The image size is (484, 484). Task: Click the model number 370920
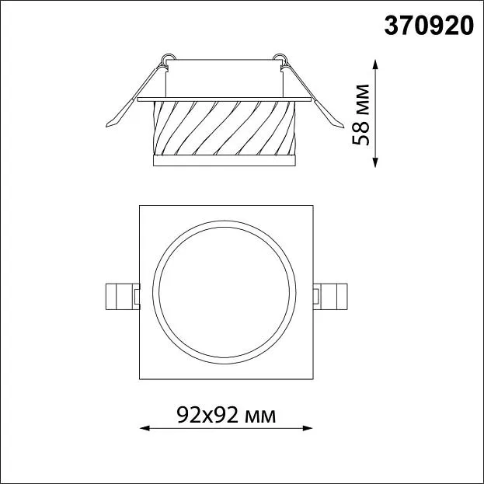pos(429,26)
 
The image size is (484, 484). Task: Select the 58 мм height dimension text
pos(360,114)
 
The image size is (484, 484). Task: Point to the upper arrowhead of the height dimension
pos(375,64)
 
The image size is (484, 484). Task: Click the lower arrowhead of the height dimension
pos(375,162)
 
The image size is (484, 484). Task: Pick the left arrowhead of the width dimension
pos(145,428)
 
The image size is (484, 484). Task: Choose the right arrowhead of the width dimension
pos(308,428)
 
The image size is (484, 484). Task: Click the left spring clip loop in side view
pos(169,57)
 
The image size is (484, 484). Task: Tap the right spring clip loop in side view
pos(280,57)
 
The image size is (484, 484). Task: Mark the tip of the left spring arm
pos(106,127)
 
